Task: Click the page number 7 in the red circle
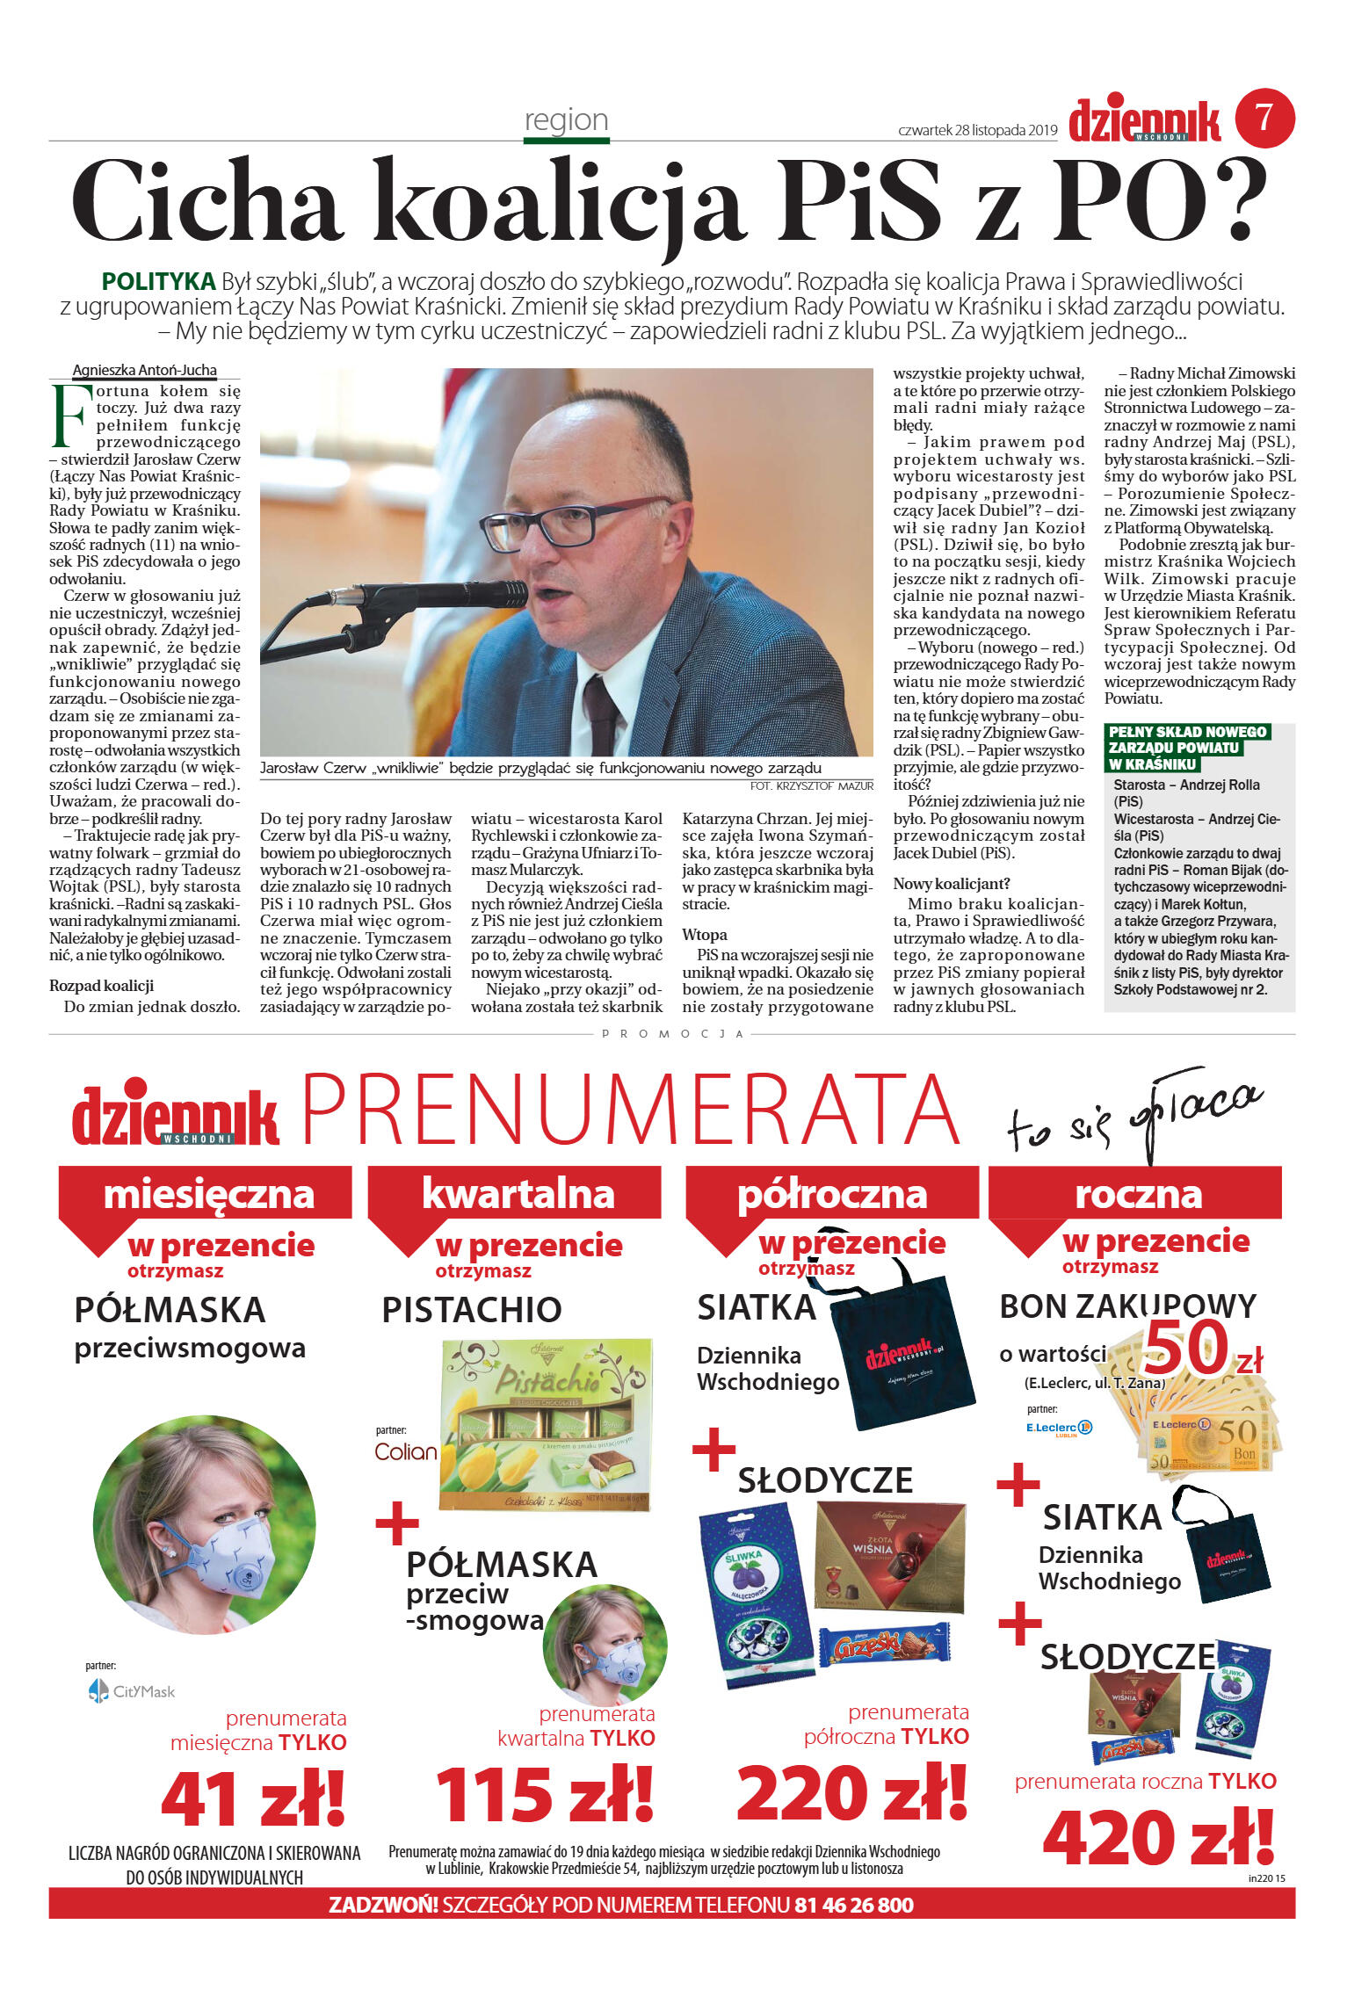1264,117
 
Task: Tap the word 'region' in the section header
566,119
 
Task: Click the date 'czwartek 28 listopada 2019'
977,131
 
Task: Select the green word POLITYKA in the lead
158,282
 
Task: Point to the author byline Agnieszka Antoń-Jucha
144,371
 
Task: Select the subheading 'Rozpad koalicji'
101,986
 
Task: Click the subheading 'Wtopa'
704,935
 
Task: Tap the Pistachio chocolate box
547,1424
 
